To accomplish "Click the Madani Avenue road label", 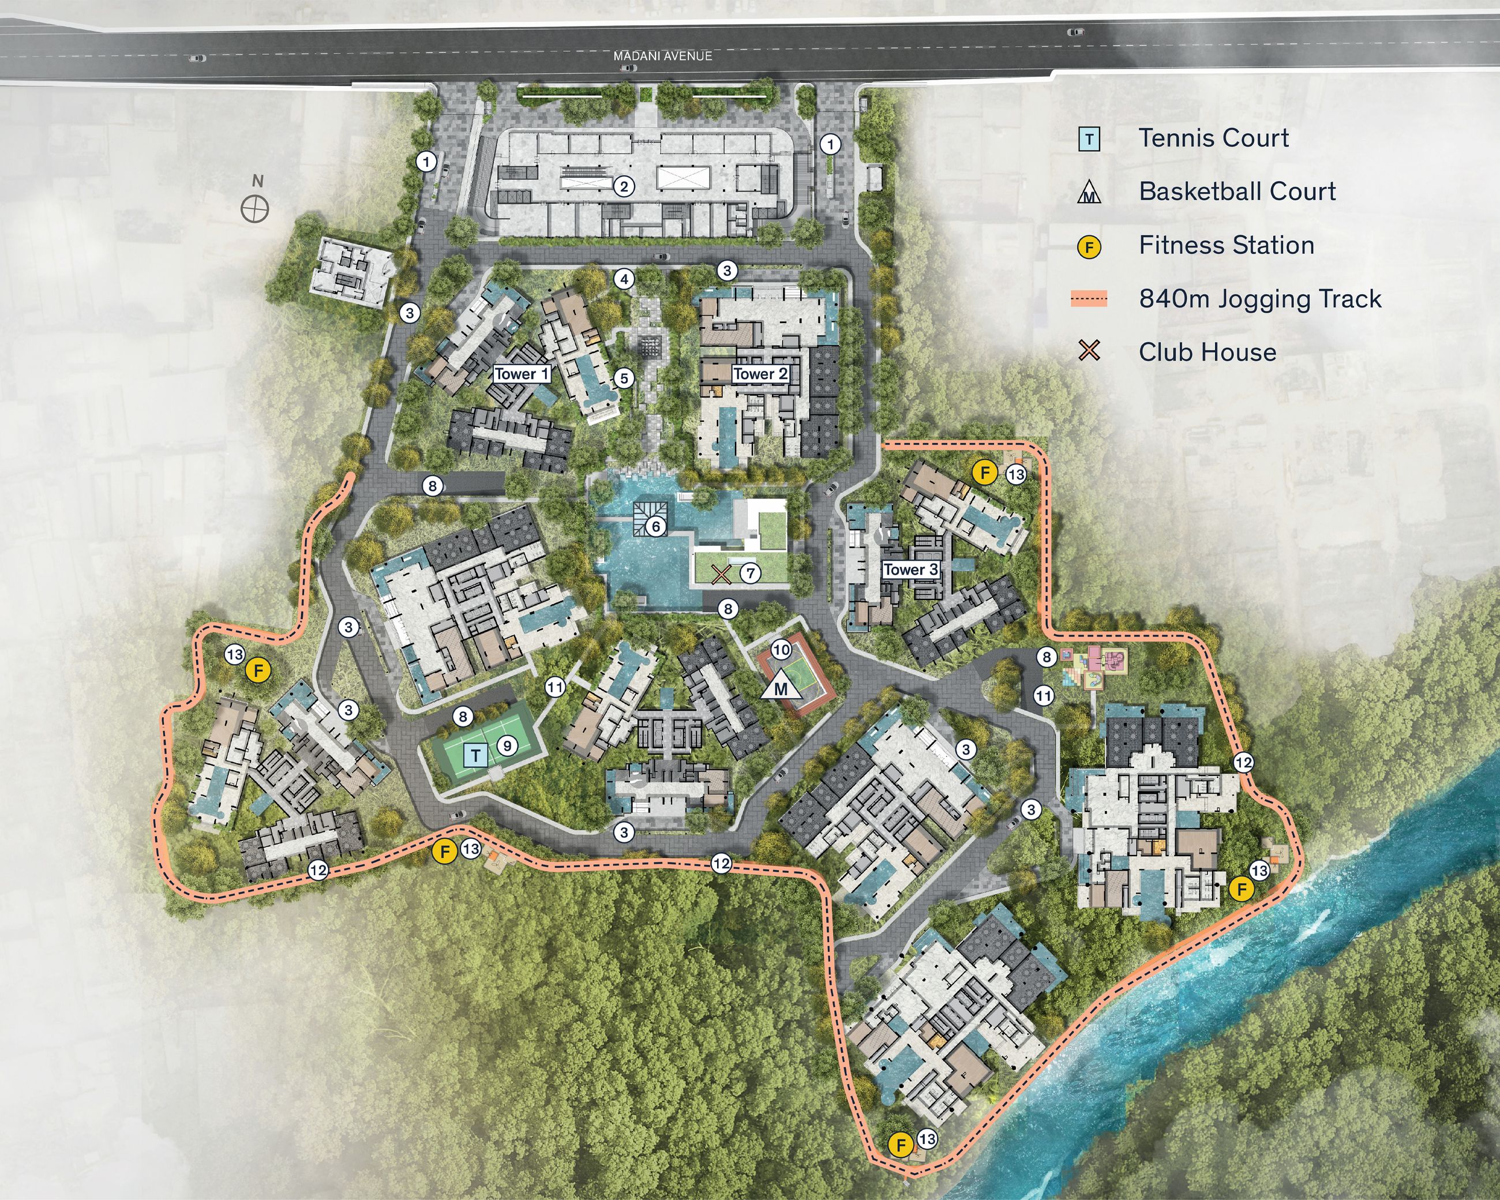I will click(662, 55).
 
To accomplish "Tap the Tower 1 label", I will click(521, 374).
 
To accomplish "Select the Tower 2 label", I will click(760, 374).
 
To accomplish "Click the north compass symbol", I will click(254, 209).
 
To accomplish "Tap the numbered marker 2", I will click(624, 186).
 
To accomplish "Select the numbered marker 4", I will click(624, 280).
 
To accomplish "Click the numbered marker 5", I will click(624, 378).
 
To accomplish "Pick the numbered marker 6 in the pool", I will click(655, 527).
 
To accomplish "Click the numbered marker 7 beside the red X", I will click(750, 573).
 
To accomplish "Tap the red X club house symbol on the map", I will click(721, 574).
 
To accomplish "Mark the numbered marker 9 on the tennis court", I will click(507, 746).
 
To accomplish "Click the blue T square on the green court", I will click(476, 755).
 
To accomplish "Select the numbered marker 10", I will click(781, 650).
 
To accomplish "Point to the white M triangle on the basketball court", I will click(781, 687).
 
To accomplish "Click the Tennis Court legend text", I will click(1213, 138).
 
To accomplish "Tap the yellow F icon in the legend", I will click(1089, 247).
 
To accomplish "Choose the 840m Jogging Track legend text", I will click(1260, 298).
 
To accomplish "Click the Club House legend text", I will click(1207, 352).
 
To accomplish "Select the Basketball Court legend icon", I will click(1089, 193).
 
